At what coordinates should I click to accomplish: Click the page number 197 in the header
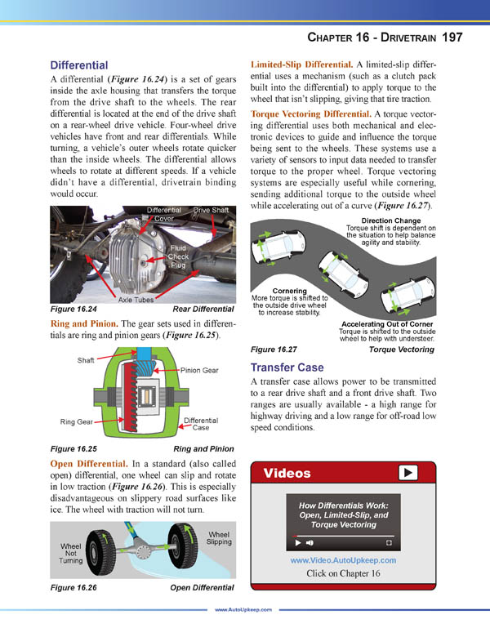click(452, 37)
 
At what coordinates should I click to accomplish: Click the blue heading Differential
click(79, 65)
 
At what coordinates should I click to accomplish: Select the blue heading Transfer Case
click(287, 367)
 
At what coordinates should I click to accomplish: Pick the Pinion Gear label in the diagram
click(199, 370)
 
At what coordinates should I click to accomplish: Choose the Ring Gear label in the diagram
click(78, 422)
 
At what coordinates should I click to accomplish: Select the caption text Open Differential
click(202, 587)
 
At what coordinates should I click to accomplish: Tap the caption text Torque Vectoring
click(402, 350)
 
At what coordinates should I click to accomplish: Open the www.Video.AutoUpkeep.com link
click(343, 560)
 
